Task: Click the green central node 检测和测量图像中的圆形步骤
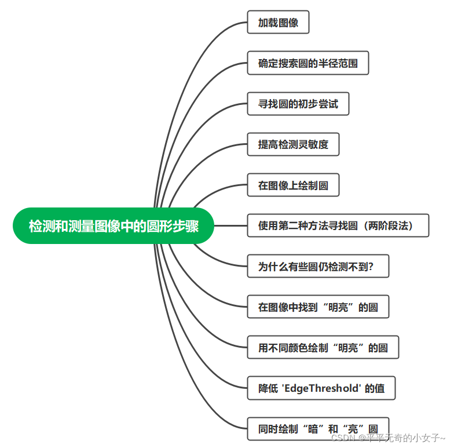click(x=113, y=225)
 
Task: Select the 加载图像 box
click(x=278, y=23)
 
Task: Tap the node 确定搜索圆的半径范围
click(x=307, y=63)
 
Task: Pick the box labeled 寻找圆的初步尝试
click(x=298, y=104)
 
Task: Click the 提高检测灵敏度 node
click(x=293, y=144)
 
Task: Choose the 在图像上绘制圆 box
click(x=293, y=185)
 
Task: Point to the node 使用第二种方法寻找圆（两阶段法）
click(x=338, y=225)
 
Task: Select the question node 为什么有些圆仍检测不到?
click(x=317, y=266)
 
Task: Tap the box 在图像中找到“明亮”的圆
click(x=317, y=307)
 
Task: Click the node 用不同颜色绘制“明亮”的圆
click(x=323, y=347)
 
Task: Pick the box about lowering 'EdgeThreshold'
click(x=321, y=388)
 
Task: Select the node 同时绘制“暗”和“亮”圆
click(x=317, y=429)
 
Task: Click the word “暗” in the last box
click(x=314, y=429)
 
